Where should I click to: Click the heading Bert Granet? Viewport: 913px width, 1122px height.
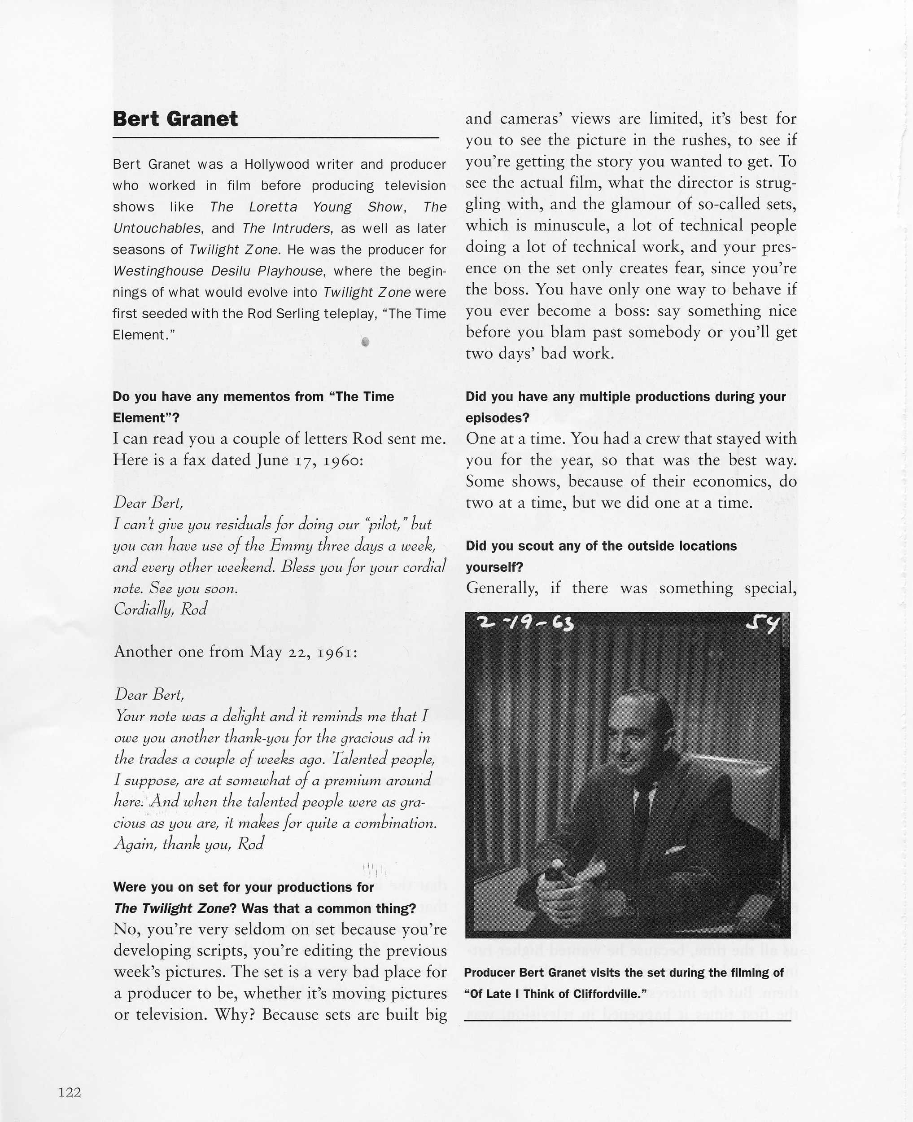pos(175,119)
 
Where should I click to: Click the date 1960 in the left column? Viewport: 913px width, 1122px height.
pos(340,460)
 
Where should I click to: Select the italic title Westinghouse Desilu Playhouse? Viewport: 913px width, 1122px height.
pos(218,272)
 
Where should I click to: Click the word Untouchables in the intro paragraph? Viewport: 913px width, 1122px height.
pos(157,229)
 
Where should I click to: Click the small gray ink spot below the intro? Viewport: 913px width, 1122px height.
pos(366,342)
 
